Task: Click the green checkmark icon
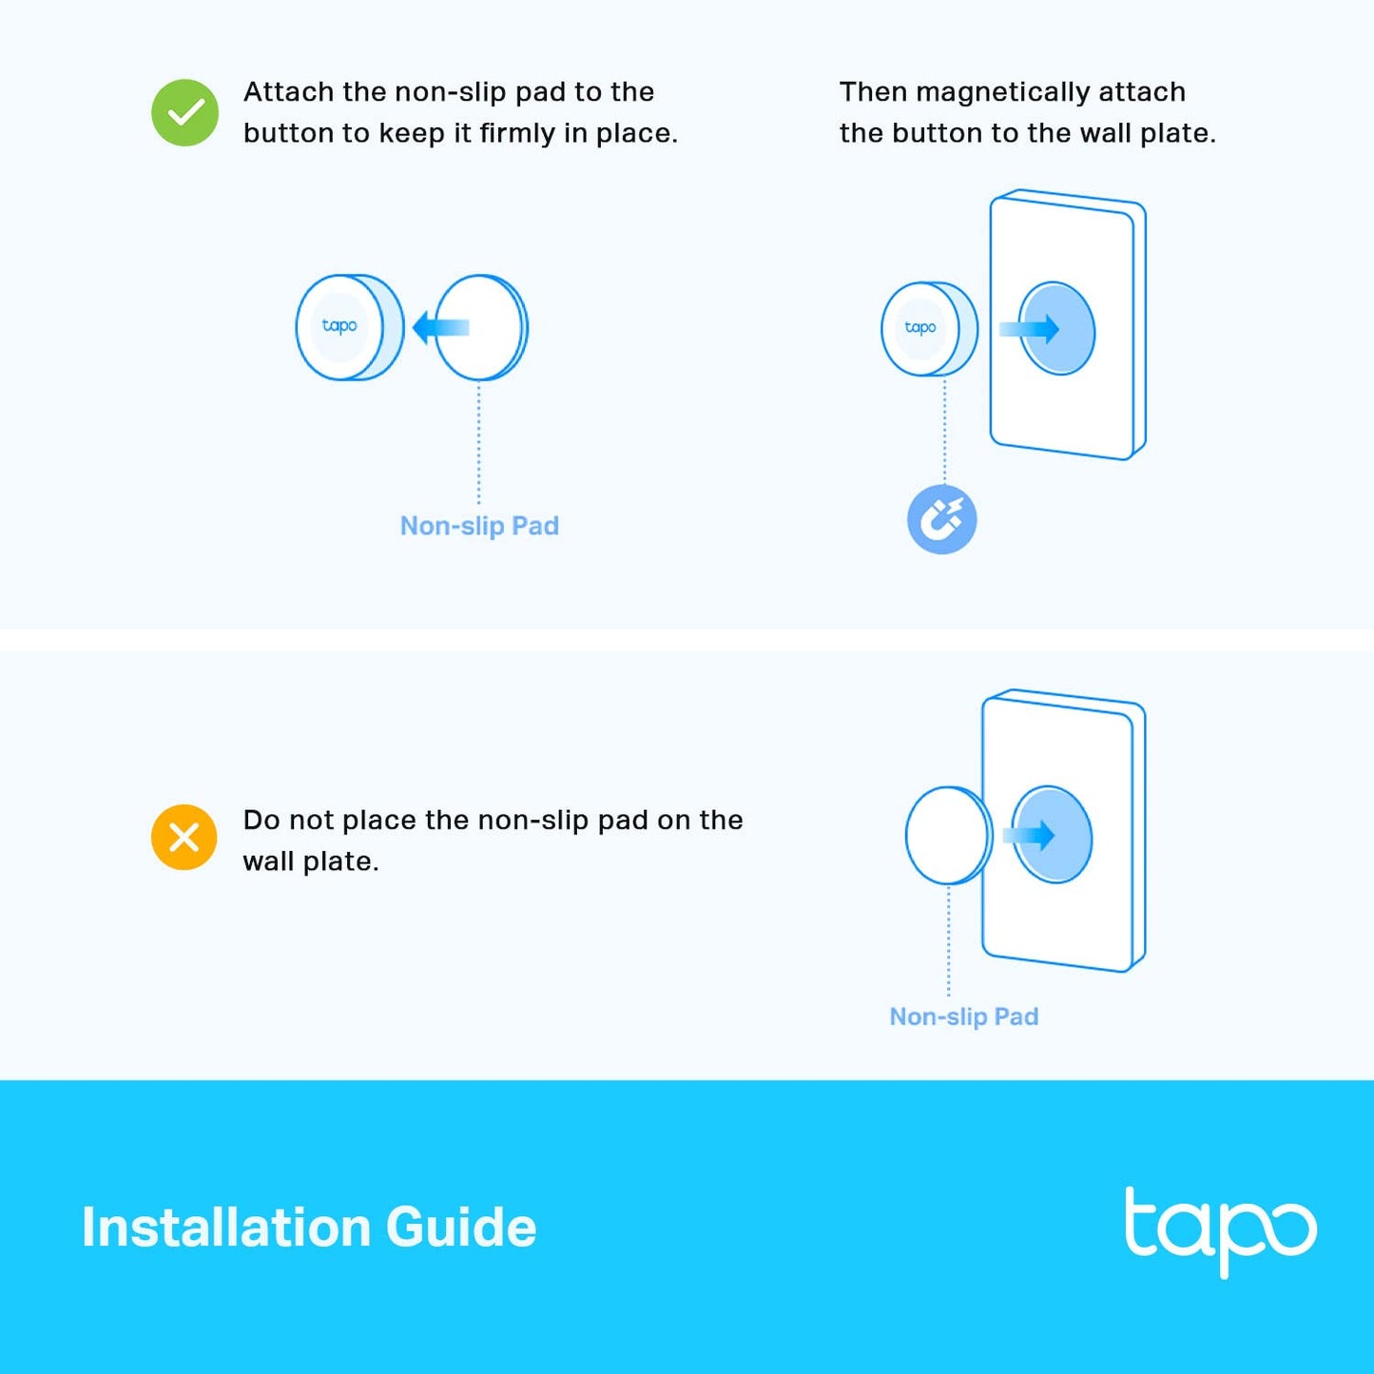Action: pos(185,113)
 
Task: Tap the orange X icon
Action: pos(184,837)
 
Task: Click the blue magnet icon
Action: pos(942,519)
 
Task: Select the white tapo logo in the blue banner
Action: pos(1220,1229)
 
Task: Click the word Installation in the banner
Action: pos(225,1228)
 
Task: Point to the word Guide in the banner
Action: pos(461,1228)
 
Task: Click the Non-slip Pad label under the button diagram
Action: pos(479,526)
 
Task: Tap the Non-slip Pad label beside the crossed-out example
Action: pos(963,1016)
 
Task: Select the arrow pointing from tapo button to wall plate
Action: pos(1030,329)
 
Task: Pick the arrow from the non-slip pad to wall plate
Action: pos(1029,835)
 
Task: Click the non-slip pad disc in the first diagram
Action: pos(481,328)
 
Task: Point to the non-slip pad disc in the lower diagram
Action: pos(947,836)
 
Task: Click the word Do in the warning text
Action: pos(261,820)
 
